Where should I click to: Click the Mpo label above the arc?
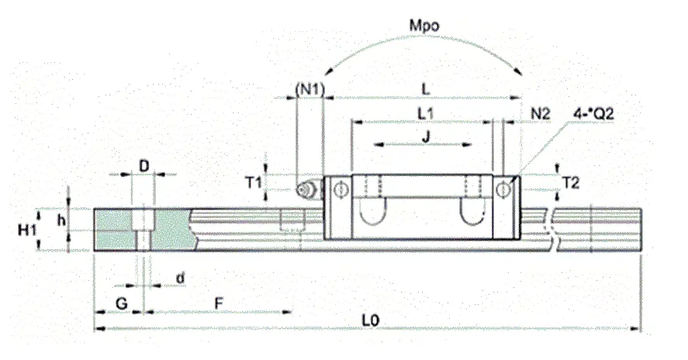(x=424, y=26)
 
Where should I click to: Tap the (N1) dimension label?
(x=310, y=89)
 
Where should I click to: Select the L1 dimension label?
(x=425, y=114)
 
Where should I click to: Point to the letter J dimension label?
(x=426, y=137)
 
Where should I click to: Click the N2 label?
(x=540, y=114)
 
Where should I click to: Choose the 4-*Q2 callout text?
(x=593, y=114)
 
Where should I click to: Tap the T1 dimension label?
(x=253, y=182)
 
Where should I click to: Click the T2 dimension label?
(x=570, y=182)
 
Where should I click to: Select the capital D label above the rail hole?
(x=144, y=166)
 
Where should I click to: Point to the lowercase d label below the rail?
(x=180, y=278)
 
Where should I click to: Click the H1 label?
(x=26, y=229)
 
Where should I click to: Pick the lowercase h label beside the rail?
(x=61, y=220)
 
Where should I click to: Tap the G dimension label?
(x=121, y=303)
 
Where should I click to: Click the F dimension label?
(x=219, y=303)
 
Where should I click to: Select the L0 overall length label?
(x=370, y=320)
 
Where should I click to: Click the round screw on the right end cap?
(x=503, y=189)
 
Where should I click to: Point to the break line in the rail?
(x=552, y=229)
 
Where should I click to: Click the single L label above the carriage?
(x=425, y=89)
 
